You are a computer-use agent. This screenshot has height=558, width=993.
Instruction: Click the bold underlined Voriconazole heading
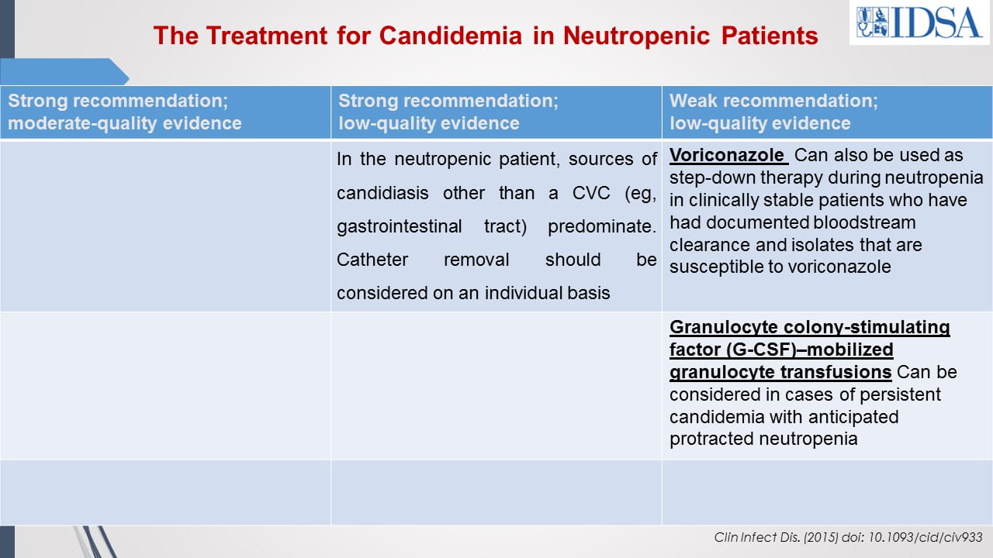point(726,156)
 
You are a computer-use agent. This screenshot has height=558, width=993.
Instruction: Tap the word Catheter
point(372,260)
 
